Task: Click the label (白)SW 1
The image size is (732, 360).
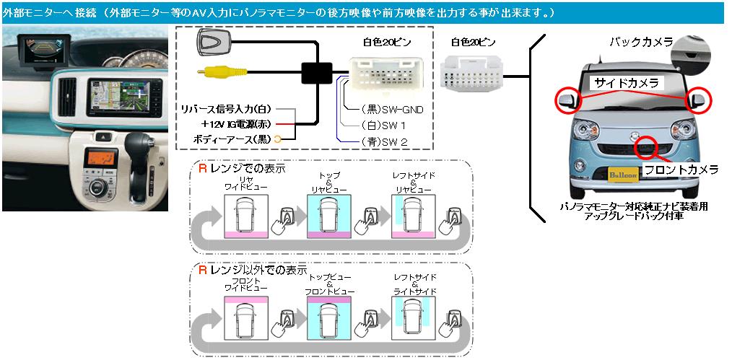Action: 383,126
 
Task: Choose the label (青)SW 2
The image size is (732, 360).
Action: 384,142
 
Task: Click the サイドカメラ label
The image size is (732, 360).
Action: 623,84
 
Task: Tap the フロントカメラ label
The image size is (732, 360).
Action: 681,170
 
